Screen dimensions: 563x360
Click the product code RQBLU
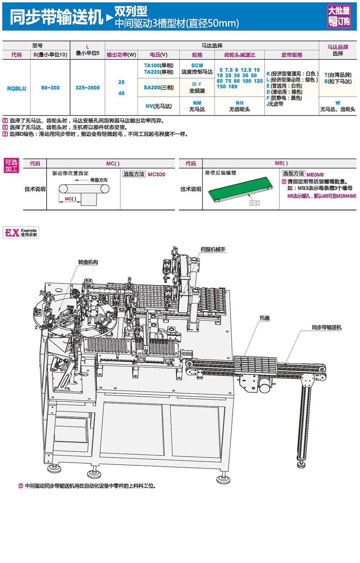click(x=17, y=88)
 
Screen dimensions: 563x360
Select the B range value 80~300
click(x=50, y=88)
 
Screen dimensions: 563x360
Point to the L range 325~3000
click(x=87, y=88)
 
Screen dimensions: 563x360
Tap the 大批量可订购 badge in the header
click(x=339, y=16)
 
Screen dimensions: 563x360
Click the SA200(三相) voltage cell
click(x=158, y=87)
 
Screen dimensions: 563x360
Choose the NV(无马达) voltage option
click(x=158, y=106)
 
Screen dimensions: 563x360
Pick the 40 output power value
click(x=121, y=93)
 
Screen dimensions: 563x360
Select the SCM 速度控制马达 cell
click(x=197, y=68)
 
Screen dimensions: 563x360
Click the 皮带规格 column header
click(x=292, y=55)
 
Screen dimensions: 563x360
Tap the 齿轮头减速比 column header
click(x=239, y=55)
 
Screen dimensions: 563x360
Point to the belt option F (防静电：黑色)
click(x=284, y=98)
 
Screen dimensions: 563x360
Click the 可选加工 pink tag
click(x=11, y=166)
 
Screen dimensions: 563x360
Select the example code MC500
click(x=157, y=174)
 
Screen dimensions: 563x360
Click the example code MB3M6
click(x=315, y=174)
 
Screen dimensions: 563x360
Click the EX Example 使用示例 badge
click(x=21, y=233)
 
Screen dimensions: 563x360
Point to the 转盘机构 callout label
click(x=88, y=262)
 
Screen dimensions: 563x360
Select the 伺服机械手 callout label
click(x=213, y=249)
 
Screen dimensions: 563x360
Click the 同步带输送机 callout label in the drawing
click(x=326, y=327)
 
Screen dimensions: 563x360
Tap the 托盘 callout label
click(x=265, y=318)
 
